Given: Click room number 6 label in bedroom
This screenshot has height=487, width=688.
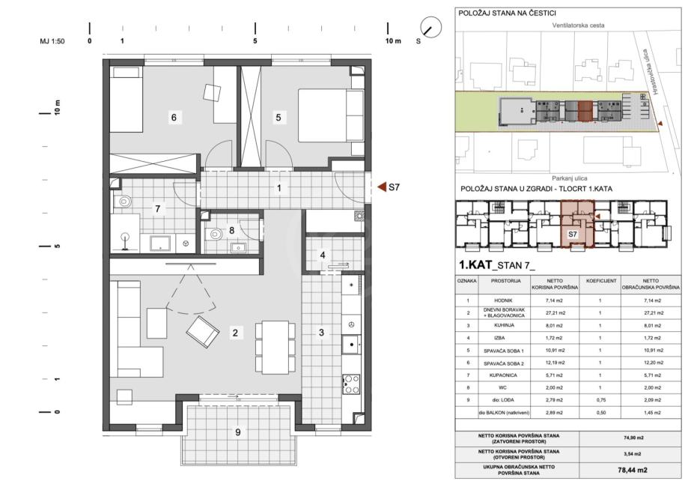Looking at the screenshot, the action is click(174, 117).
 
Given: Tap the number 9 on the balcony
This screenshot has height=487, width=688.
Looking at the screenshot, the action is click(238, 432).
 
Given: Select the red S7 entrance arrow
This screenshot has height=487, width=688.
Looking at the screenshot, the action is click(382, 187).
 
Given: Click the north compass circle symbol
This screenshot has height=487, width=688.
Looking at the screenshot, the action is click(431, 28).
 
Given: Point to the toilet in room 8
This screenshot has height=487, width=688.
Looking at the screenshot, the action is click(215, 233).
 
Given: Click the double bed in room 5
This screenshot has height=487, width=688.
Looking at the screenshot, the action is click(331, 115).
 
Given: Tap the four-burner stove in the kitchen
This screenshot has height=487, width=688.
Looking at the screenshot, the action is click(351, 384).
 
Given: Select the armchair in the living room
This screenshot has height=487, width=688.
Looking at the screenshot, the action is click(202, 332).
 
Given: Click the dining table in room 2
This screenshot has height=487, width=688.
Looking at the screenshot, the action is click(275, 348).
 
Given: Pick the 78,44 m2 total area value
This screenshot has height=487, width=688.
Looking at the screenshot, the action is click(633, 470).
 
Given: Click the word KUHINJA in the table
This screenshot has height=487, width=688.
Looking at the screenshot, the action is click(503, 325).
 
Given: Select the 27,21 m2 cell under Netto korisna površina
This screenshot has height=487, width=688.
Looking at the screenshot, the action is click(555, 313).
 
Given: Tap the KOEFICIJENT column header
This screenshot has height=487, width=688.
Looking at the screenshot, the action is click(601, 281).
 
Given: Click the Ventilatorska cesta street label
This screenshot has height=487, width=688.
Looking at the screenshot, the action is click(578, 25).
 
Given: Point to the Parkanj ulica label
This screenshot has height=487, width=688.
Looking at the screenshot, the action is click(570, 178).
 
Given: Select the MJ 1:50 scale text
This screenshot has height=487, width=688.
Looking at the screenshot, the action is click(52, 41).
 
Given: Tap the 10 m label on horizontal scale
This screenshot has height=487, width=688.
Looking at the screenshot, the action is click(393, 41).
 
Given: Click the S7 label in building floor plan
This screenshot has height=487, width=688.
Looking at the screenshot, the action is click(573, 234).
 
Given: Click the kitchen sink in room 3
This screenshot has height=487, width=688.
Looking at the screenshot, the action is click(351, 344).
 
